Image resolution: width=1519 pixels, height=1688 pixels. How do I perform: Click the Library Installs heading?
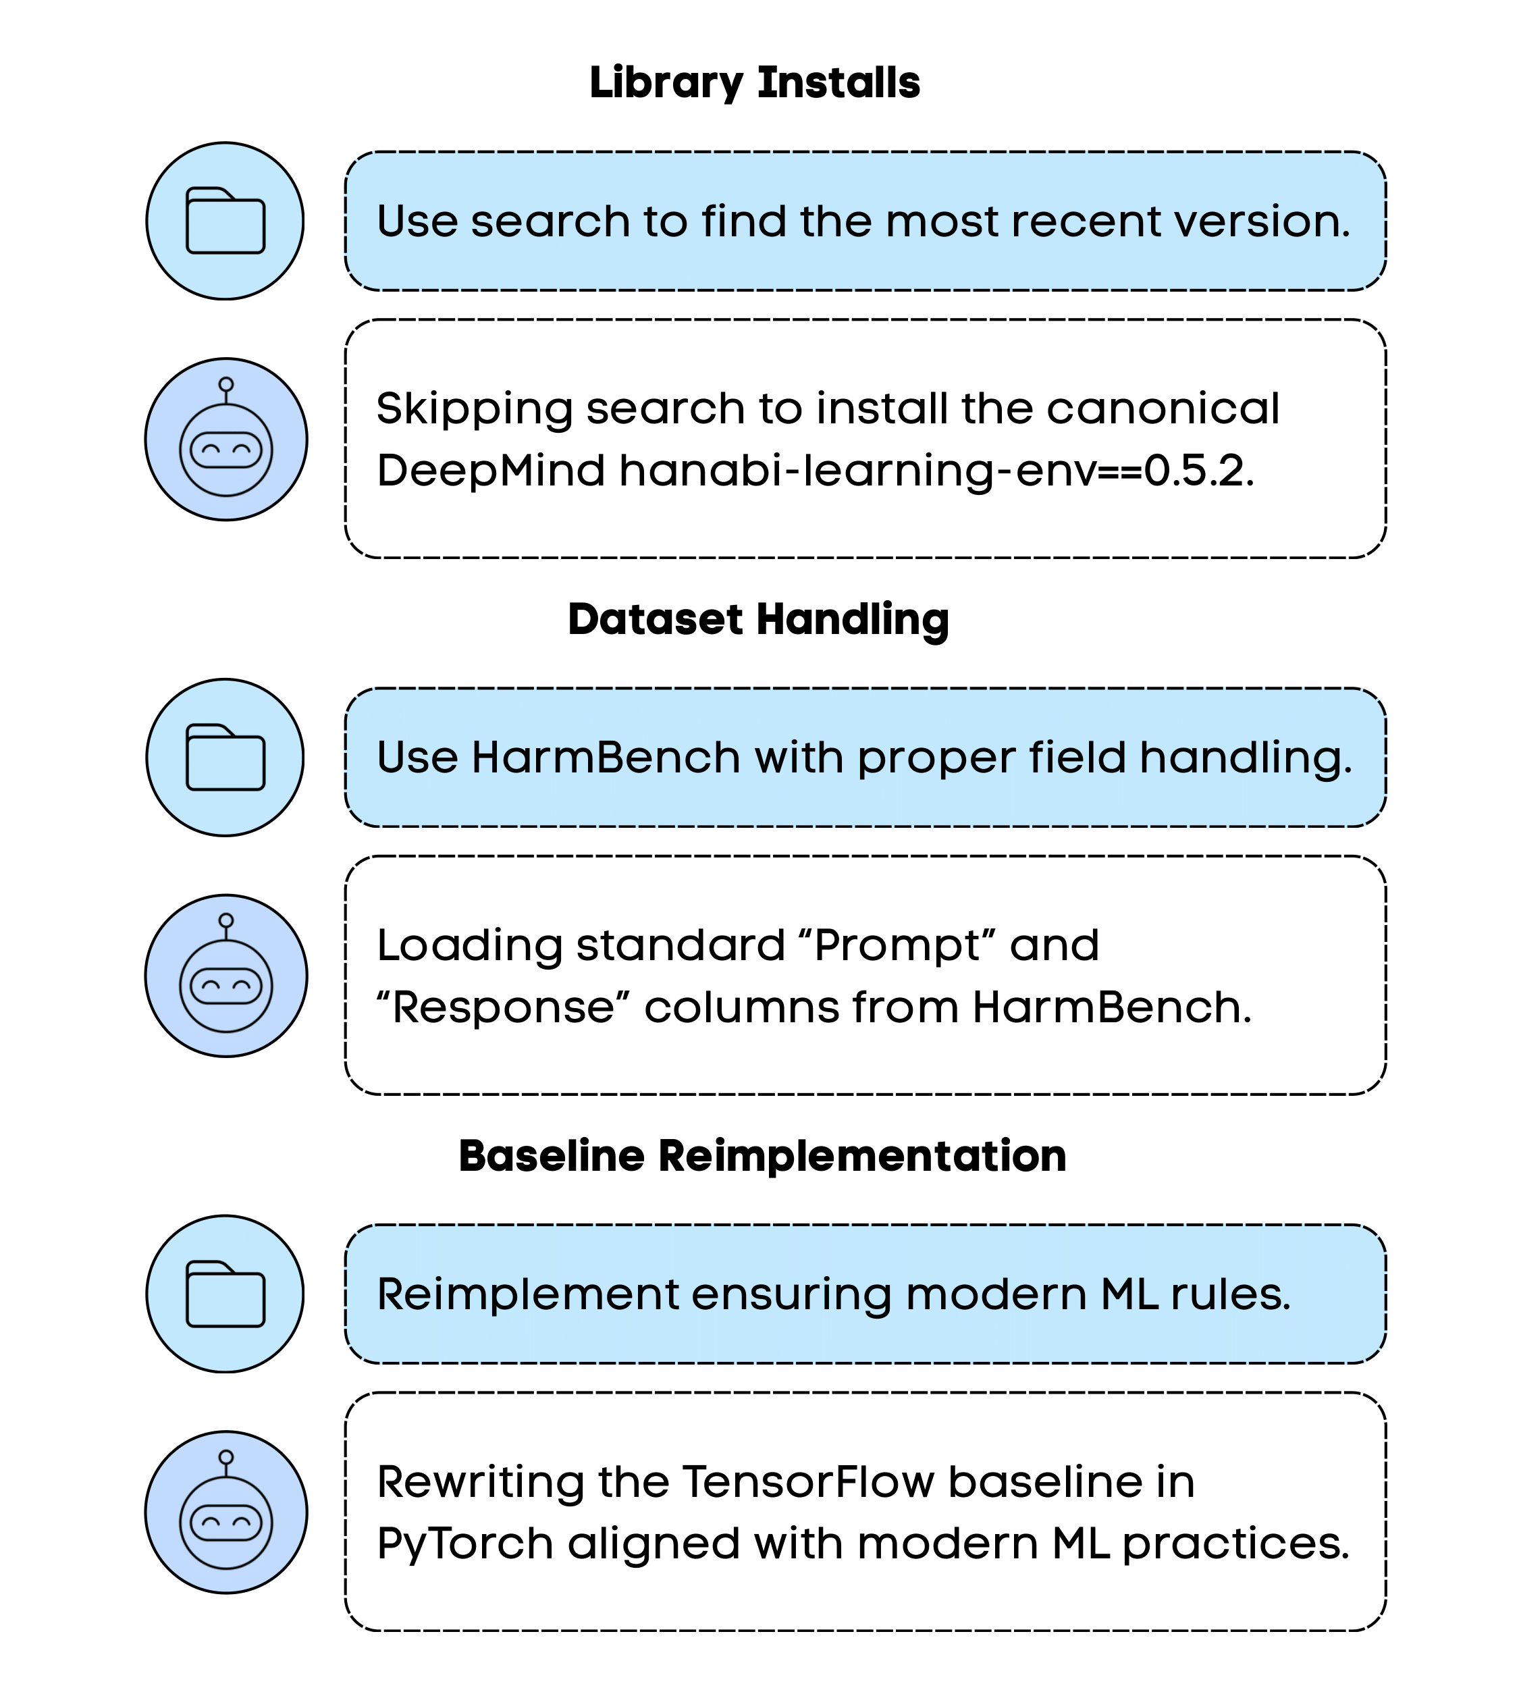pyautogui.click(x=755, y=82)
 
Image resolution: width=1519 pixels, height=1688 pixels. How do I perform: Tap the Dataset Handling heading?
pyautogui.click(x=758, y=619)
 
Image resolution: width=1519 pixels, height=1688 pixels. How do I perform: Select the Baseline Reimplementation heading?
pyautogui.click(x=762, y=1156)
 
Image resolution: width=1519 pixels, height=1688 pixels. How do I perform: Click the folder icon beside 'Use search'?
pyautogui.click(x=225, y=220)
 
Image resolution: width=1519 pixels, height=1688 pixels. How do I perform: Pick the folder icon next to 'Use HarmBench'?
pyautogui.click(x=225, y=757)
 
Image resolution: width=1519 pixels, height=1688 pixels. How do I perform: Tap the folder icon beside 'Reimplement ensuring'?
pyautogui.click(x=225, y=1294)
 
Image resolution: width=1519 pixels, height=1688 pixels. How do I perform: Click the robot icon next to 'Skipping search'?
pyautogui.click(x=226, y=440)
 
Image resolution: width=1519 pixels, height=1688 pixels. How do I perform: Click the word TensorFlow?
pyautogui.click(x=808, y=1483)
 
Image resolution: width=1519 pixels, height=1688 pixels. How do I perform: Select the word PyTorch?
pyautogui.click(x=465, y=1544)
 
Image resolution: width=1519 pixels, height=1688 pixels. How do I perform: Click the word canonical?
pyautogui.click(x=1162, y=409)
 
